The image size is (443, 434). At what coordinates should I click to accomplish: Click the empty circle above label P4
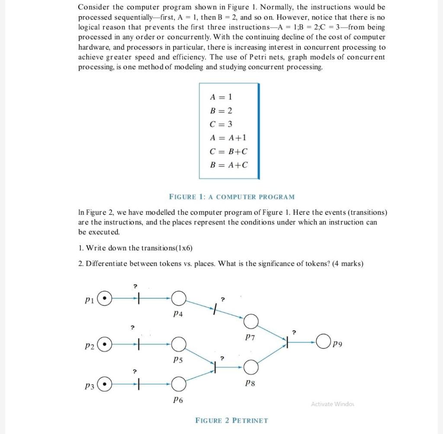point(179,298)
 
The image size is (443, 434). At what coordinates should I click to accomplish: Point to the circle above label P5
point(179,345)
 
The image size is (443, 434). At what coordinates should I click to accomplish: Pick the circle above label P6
point(179,383)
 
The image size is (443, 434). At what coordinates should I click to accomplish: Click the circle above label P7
point(251,321)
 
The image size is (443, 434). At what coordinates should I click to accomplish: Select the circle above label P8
point(251,367)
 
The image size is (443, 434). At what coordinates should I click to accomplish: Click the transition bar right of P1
point(138,298)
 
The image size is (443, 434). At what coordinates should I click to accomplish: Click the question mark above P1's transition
point(135,286)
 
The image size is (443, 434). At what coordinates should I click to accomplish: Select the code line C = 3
point(221,124)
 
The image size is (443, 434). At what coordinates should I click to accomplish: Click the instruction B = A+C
point(229,165)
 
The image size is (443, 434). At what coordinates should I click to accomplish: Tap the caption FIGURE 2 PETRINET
point(231,420)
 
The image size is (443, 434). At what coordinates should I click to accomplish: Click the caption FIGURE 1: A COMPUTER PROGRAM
point(231,197)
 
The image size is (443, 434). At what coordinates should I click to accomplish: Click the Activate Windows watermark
point(332,404)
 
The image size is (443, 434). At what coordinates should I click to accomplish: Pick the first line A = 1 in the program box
point(221,96)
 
